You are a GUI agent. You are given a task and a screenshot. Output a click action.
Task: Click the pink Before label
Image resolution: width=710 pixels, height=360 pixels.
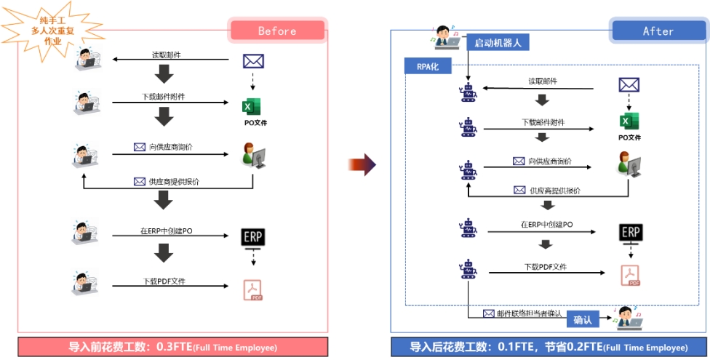[x=277, y=31]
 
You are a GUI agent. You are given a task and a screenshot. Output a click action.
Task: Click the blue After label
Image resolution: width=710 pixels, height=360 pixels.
[x=658, y=31]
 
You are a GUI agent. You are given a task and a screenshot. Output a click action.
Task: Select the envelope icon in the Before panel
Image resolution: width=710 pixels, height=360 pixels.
[x=253, y=61]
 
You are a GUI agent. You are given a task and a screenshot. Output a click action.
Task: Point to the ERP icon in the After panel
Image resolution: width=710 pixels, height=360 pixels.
[x=630, y=233]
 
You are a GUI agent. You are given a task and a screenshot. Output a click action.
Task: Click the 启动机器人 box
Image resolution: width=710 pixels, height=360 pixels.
[x=498, y=42]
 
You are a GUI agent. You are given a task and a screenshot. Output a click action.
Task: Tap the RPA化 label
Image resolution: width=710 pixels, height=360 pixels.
[x=428, y=67]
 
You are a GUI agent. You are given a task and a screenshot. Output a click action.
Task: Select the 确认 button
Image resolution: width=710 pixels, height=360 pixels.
[x=583, y=319]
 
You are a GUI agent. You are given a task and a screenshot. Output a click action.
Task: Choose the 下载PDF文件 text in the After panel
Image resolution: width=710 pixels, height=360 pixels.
[x=545, y=267]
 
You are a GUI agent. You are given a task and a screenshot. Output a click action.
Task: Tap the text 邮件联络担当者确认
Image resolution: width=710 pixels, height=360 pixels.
[x=529, y=313]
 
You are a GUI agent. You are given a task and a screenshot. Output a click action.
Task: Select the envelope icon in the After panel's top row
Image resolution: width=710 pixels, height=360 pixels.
[x=629, y=85]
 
